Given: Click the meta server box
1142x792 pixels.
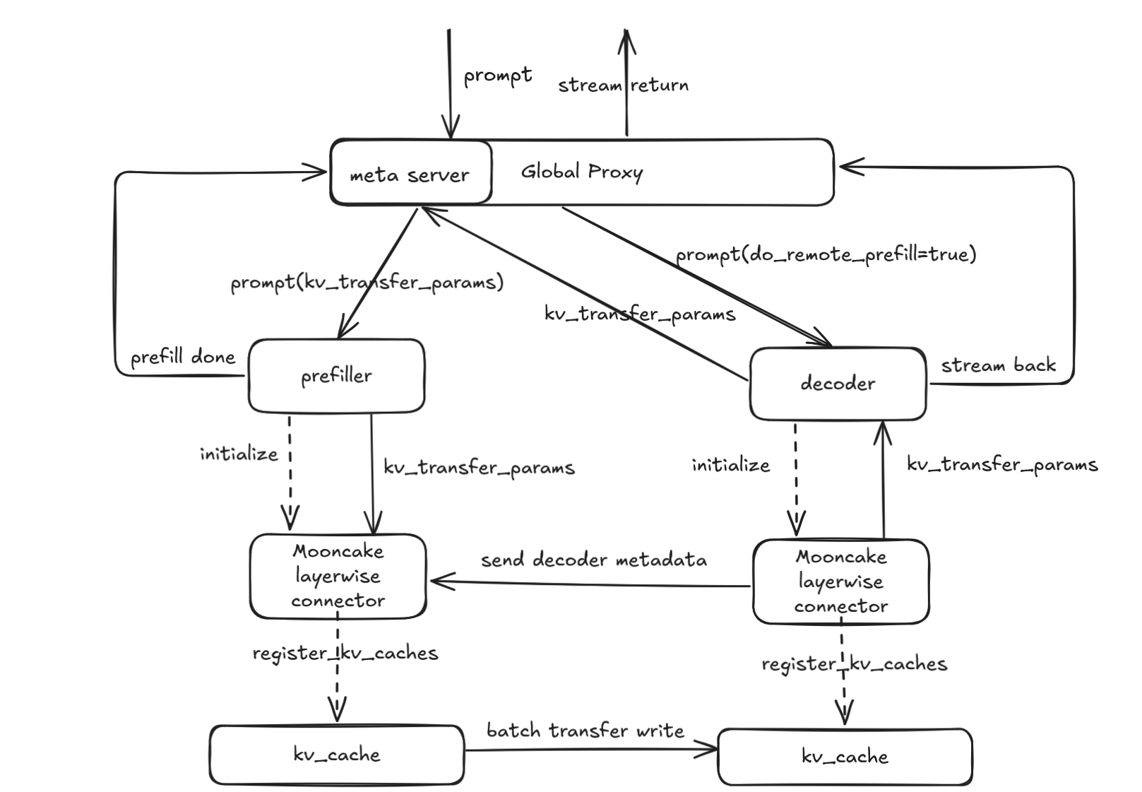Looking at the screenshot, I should (410, 173).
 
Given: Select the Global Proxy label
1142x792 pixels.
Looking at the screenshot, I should (581, 172).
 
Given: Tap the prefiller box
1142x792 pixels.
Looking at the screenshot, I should (336, 376).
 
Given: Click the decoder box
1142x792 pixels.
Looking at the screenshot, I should (838, 384).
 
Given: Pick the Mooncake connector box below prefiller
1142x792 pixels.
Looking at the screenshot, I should (338, 576).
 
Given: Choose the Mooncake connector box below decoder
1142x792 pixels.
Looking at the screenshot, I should (840, 581).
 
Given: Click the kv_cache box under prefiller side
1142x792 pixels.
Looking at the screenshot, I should (337, 755).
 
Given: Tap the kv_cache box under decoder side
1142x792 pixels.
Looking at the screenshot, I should (845, 757).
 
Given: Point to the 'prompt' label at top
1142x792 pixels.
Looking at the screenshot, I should (498, 76).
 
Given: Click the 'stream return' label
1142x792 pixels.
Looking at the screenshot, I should (623, 85).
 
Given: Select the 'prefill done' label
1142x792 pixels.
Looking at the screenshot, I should (183, 357).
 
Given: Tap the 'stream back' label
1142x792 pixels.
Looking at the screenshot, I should (998, 365).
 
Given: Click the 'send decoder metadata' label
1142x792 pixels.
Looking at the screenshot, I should (593, 560).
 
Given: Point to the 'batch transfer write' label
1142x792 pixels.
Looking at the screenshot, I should (585, 731).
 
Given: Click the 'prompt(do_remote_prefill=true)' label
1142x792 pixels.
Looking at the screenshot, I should (826, 254).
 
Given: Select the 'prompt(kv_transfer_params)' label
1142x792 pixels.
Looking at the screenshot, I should (367, 283).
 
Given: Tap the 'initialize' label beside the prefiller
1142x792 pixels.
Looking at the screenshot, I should (239, 454).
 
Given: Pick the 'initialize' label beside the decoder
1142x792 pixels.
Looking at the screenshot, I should (730, 465).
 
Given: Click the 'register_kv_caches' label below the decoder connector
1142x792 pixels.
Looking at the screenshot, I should (854, 664).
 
